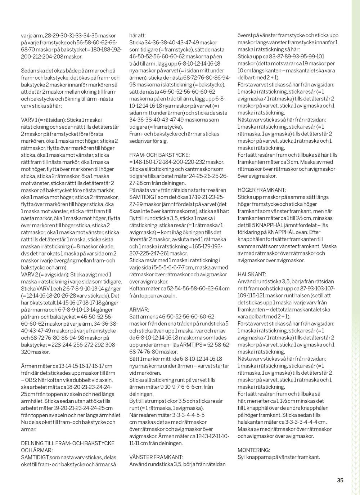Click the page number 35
(x=340, y=480)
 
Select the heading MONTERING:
(x=254, y=450)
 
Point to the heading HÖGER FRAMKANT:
(x=262, y=189)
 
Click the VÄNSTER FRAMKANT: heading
(x=156, y=457)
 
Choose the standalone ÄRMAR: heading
(x=139, y=309)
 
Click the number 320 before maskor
(x=26, y=351)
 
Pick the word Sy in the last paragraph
(x=240, y=457)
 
